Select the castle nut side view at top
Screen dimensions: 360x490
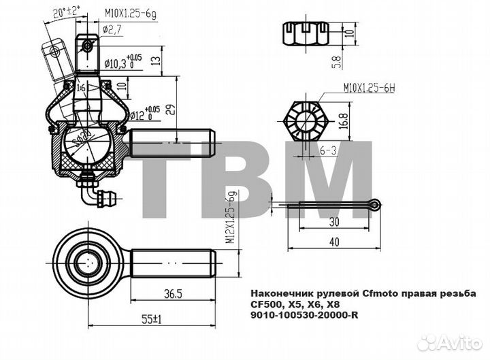point(307,34)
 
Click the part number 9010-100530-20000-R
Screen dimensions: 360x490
point(304,315)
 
